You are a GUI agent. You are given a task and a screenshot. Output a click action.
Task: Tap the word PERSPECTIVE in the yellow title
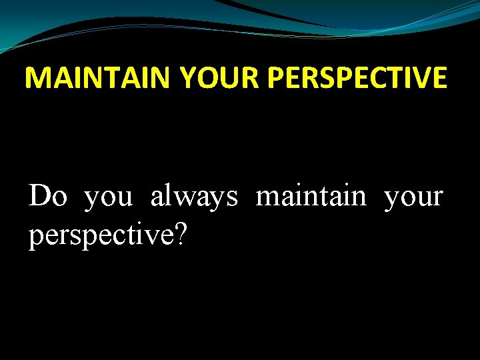(x=357, y=78)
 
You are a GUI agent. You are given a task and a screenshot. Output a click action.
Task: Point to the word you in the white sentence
(x=109, y=197)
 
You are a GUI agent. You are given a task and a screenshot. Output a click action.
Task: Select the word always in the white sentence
(x=194, y=197)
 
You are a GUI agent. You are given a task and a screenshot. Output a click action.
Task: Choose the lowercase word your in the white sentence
(x=413, y=197)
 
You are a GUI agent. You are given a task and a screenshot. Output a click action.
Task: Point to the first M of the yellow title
(x=38, y=78)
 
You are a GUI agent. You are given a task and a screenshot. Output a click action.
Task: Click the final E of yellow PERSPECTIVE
(x=439, y=78)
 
